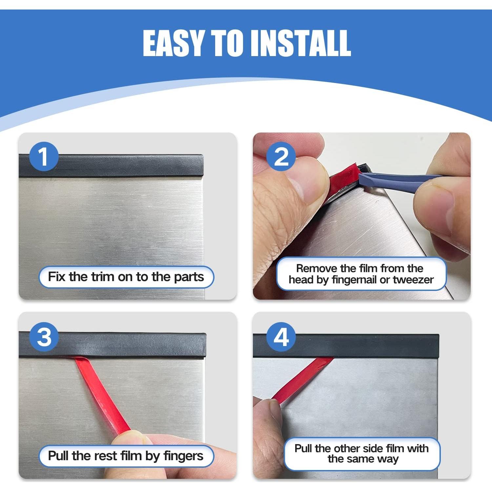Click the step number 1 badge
click(44, 156)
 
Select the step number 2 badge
click(281, 156)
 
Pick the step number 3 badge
click(44, 337)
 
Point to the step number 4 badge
click(281, 337)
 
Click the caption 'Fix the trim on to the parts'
click(126, 277)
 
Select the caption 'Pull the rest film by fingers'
click(126, 456)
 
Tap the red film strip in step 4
click(302, 380)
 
